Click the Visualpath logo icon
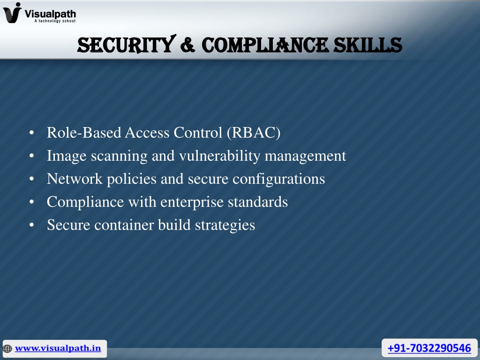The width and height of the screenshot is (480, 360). (12, 13)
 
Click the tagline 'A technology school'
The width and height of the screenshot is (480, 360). (55, 21)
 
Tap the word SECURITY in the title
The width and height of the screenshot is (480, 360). (127, 45)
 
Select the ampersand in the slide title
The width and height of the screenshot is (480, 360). (187, 45)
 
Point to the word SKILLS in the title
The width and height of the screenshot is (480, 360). (367, 45)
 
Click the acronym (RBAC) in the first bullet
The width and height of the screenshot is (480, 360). (254, 133)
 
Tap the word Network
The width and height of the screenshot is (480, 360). (75, 179)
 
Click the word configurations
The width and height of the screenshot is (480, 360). (278, 179)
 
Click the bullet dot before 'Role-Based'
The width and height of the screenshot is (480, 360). (31, 133)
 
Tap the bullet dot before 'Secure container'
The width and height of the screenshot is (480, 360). (31, 225)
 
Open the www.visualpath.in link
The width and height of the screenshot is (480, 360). (58, 348)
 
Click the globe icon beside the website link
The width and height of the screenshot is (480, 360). (7, 349)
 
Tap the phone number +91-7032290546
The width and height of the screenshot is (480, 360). (429, 348)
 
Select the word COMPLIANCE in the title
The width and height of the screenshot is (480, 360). (265, 45)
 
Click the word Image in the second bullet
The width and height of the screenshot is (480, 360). (67, 156)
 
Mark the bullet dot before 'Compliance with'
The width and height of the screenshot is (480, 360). (31, 202)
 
